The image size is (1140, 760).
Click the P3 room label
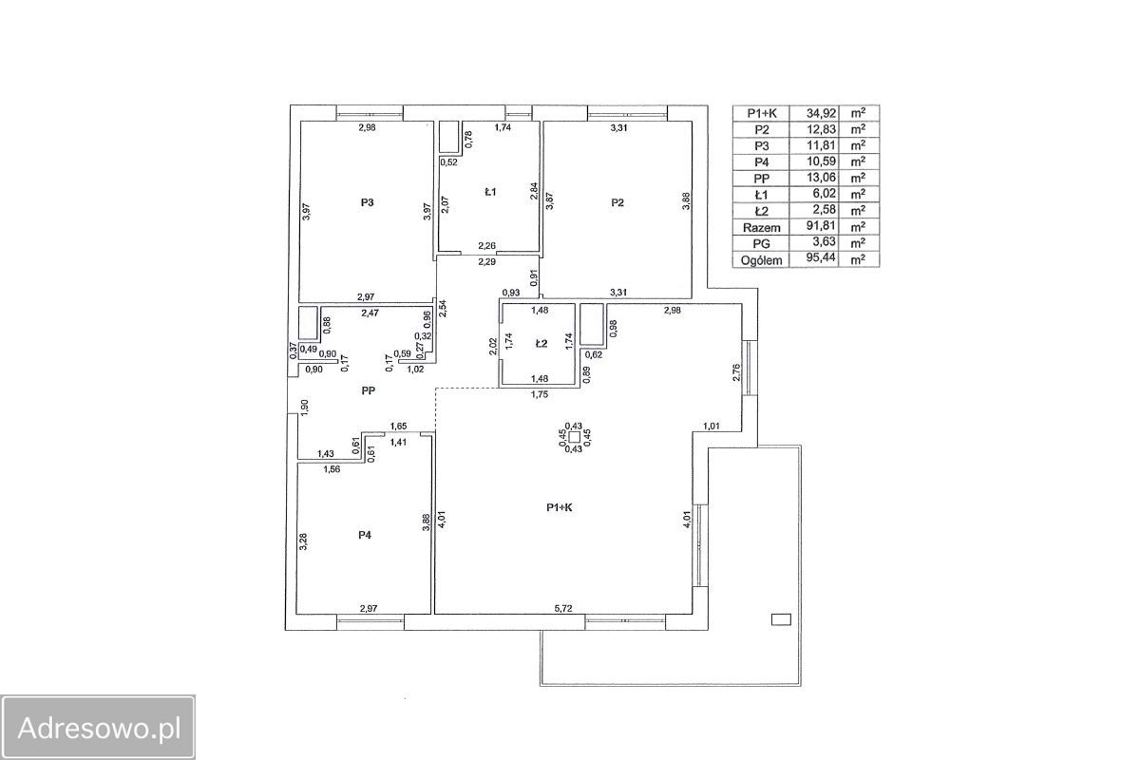pyautogui.click(x=367, y=202)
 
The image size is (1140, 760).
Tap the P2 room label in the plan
pyautogui.click(x=617, y=202)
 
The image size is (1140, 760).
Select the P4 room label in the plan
pyautogui.click(x=365, y=535)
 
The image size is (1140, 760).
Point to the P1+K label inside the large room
pyautogui.click(x=560, y=507)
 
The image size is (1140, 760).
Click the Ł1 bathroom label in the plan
pyautogui.click(x=490, y=192)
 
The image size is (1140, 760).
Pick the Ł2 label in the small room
pyautogui.click(x=541, y=344)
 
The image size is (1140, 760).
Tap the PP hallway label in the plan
pyautogui.click(x=368, y=391)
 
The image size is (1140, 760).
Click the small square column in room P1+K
pyautogui.click(x=575, y=437)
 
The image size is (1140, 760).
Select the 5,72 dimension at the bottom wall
pyautogui.click(x=562, y=608)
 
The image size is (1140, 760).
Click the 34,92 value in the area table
pyautogui.click(x=821, y=113)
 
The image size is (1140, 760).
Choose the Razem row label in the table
pyautogui.click(x=761, y=228)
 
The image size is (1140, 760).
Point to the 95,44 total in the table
pyautogui.click(x=821, y=257)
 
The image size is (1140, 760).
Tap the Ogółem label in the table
pyautogui.click(x=761, y=260)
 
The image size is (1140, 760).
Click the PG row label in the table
pyautogui.click(x=761, y=244)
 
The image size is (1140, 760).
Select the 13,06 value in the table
pyautogui.click(x=821, y=178)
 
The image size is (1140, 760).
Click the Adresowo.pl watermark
pyautogui.click(x=99, y=728)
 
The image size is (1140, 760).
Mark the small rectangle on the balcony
pyautogui.click(x=781, y=619)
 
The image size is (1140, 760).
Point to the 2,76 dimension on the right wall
pyautogui.click(x=736, y=372)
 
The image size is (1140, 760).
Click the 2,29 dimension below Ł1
pyautogui.click(x=486, y=262)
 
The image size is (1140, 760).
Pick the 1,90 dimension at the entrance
pyautogui.click(x=305, y=408)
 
